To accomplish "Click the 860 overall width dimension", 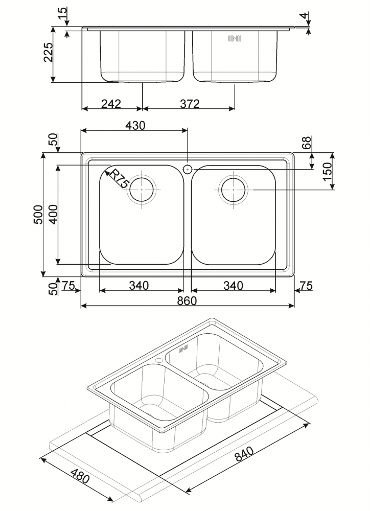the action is coord(187,300).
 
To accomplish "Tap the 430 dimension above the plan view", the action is coord(135,125).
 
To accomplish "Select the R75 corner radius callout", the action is coord(118,178).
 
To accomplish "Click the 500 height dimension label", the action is coord(38,214).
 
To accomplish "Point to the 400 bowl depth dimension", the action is coord(53,214).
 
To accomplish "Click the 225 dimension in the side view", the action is coord(48,52).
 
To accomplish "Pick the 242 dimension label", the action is coord(111,104).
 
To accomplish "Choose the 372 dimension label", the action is coord(190,104).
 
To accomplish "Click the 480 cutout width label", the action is coord(80,476).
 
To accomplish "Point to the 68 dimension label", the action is coord(307,143).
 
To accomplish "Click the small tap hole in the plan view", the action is coord(188,169).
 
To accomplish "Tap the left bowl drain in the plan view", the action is coord(142,190).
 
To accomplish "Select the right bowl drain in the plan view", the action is coord(234,190).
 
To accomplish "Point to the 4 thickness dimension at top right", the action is coord(304,15).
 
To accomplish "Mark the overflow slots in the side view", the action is coord(235,38).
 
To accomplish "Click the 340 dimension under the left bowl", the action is coord(139,286).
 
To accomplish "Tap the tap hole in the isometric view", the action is coord(159,360).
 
